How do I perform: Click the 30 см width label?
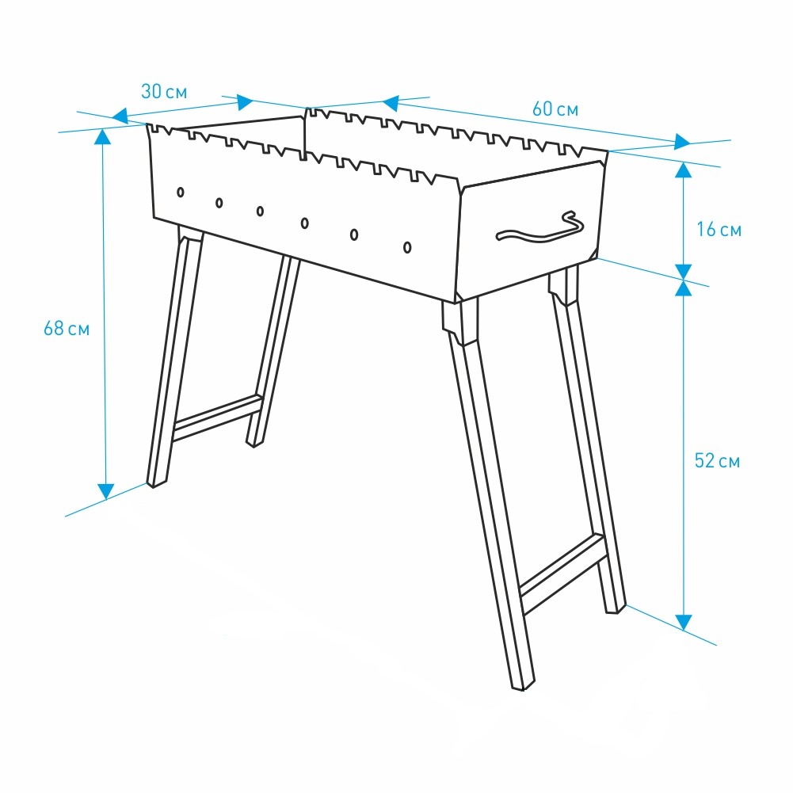164,92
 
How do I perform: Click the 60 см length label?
555,109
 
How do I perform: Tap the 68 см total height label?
67,329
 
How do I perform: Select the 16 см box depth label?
719,230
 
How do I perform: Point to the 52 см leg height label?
717,461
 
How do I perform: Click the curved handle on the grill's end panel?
540,228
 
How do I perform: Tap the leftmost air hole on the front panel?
180,193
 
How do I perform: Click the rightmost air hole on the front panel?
407,247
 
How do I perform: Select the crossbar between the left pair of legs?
218,418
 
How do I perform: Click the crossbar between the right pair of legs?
562,574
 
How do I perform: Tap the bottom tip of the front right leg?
522,688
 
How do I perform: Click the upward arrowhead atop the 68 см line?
103,136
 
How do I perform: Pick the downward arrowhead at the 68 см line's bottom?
105,492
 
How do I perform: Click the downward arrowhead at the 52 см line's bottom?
684,623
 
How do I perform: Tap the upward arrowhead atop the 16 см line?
683,170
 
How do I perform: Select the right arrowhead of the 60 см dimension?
682,142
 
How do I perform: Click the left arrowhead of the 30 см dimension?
120,116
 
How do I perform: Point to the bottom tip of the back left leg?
254,445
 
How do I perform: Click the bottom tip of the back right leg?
615,612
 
